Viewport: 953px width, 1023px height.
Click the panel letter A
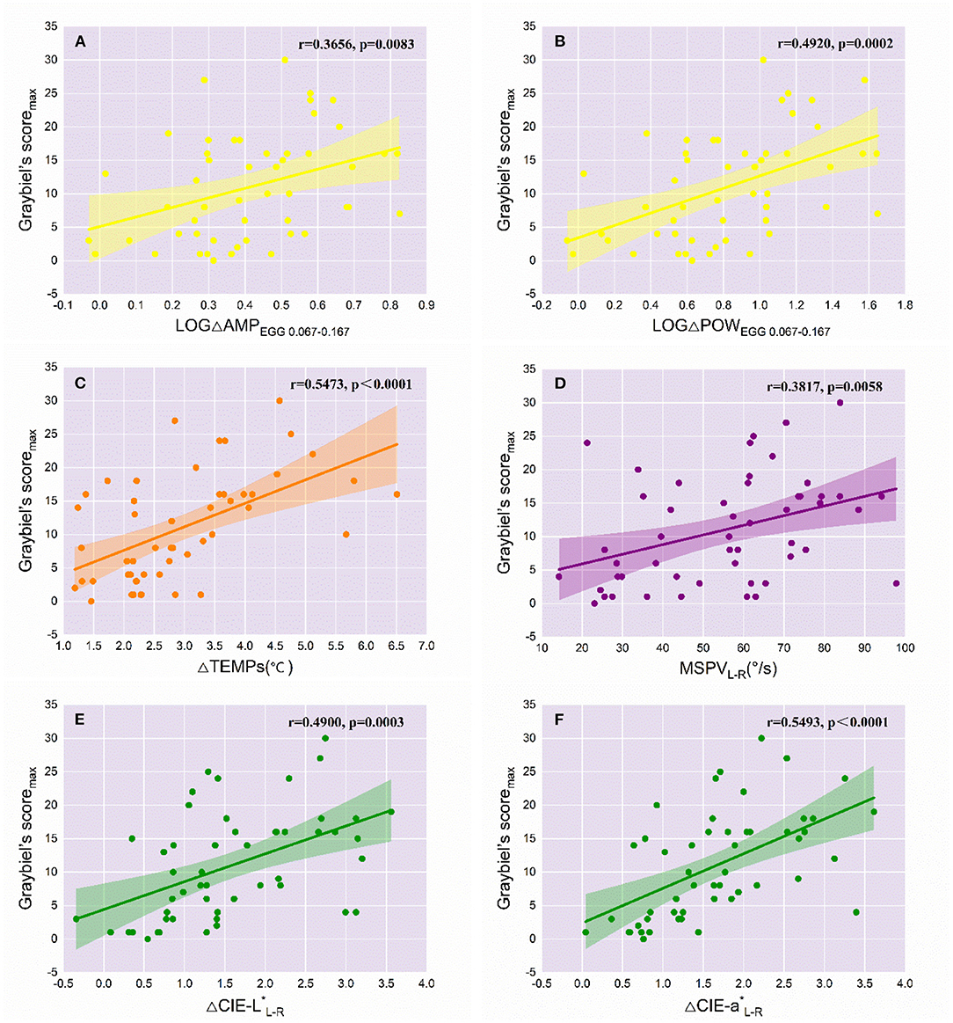pos(80,41)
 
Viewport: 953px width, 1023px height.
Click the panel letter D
pos(558,384)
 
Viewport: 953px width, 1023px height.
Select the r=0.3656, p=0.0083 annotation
pos(356,43)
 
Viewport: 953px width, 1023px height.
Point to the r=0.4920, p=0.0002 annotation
pos(835,43)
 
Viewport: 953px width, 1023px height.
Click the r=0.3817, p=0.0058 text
pos(824,386)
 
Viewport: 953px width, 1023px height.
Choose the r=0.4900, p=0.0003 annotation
pos(346,722)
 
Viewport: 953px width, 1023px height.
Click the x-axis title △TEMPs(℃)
pos(245,667)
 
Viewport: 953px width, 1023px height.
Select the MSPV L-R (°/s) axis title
pos(727,669)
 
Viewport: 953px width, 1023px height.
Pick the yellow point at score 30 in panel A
pos(285,60)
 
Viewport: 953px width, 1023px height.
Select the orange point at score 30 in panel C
pos(280,400)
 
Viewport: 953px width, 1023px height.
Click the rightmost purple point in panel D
pos(896,583)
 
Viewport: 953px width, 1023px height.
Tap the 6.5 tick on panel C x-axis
pos(396,647)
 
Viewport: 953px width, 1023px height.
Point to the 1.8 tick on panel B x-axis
pos(905,305)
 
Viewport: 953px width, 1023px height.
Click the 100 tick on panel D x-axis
pos(905,648)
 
